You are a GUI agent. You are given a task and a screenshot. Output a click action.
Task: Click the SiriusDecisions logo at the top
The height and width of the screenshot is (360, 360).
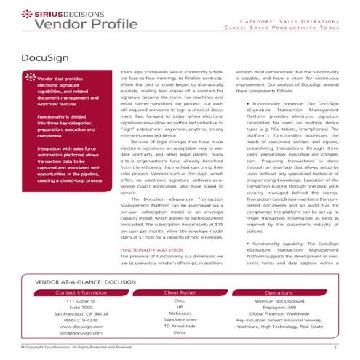click(x=59, y=13)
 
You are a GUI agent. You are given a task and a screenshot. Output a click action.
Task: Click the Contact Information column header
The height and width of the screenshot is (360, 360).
click(x=80, y=292)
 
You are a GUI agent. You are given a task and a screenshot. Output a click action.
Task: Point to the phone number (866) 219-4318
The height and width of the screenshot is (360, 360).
click(x=81, y=319)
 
